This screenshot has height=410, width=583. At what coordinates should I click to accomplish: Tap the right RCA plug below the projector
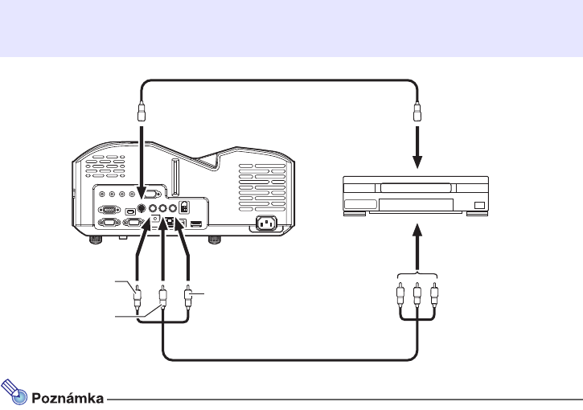point(189,299)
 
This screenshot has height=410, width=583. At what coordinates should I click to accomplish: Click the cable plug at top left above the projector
point(142,110)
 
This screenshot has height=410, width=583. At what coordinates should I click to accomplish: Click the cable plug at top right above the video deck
point(417,110)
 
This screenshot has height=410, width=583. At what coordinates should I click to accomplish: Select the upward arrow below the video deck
point(417,244)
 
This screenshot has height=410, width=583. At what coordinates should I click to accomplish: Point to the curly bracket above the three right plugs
point(417,273)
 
